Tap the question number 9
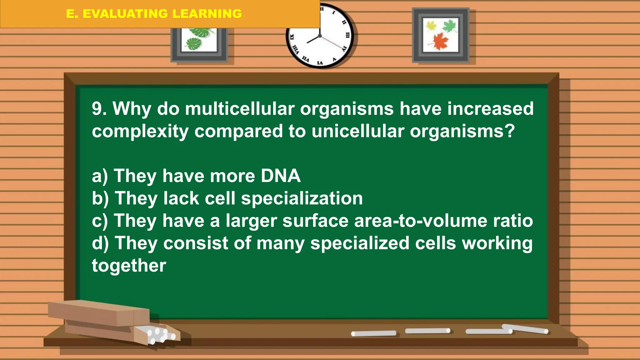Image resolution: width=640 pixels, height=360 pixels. pyautogui.click(x=99, y=109)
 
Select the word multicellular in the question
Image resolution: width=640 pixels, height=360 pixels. pyautogui.click(x=240, y=109)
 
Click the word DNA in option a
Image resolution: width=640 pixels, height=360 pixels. pyautogui.click(x=281, y=176)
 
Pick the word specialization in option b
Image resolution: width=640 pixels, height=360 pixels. pyautogui.click(x=302, y=199)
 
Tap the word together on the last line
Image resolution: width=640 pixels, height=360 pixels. pyautogui.click(x=129, y=266)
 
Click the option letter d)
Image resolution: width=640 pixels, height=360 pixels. pyautogui.click(x=100, y=243)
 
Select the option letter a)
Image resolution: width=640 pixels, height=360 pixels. pyautogui.click(x=100, y=176)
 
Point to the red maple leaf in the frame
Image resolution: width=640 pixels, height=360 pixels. pyautogui.click(x=441, y=41)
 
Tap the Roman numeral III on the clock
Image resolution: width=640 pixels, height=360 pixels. pyautogui.click(x=347, y=35)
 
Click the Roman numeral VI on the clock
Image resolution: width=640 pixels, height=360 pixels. pyautogui.click(x=320, y=63)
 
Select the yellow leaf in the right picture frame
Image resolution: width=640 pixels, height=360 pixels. pyautogui.click(x=431, y=26)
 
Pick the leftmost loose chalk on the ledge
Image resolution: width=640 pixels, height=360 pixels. pyautogui.click(x=374, y=333)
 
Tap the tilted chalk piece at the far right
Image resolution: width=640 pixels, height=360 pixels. pyautogui.click(x=525, y=329)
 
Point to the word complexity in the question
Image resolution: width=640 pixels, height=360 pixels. pyautogui.click(x=140, y=132)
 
